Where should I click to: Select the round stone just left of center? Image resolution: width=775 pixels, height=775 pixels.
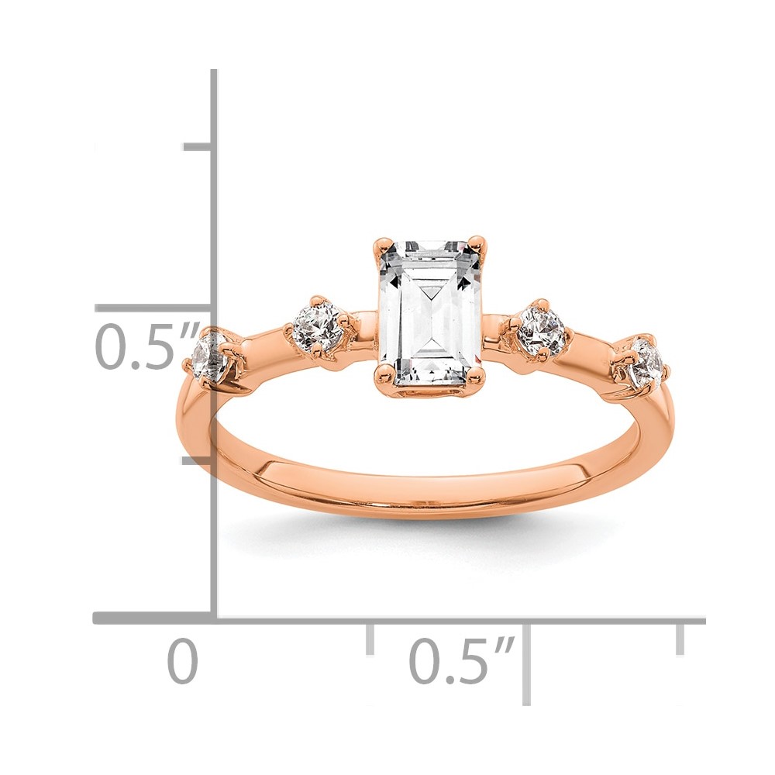point(318,326)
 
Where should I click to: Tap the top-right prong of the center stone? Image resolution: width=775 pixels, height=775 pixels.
point(477,243)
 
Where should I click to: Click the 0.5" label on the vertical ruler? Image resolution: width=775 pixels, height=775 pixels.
point(147,346)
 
